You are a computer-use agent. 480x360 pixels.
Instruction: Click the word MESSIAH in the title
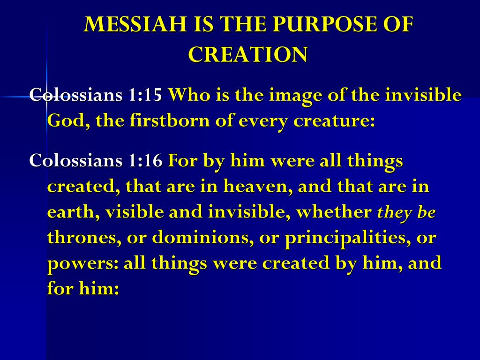pos(135,24)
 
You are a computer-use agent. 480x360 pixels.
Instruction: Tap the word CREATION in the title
pos(247,54)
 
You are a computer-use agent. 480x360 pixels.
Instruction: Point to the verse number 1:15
pos(145,95)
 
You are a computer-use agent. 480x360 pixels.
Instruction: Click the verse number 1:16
pos(145,160)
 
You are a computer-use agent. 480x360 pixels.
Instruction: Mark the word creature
pos(334,121)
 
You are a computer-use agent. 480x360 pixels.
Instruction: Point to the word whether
pos(334,212)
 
